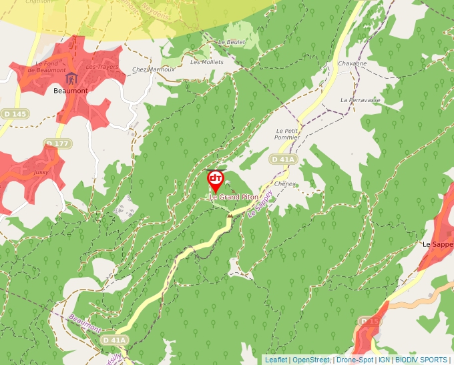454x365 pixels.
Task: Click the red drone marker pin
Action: (x=215, y=180)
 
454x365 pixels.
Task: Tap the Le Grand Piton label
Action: (x=234, y=197)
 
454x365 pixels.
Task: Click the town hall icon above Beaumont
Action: (x=71, y=79)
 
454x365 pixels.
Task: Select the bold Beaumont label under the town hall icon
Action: (x=71, y=91)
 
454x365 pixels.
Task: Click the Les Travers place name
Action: (x=102, y=67)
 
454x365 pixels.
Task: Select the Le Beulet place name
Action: (x=232, y=42)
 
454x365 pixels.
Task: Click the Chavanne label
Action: (x=353, y=63)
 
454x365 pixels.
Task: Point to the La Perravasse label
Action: (x=360, y=99)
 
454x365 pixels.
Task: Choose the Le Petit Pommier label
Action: (x=287, y=133)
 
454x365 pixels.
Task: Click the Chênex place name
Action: (x=284, y=184)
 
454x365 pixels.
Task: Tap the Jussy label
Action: (x=40, y=171)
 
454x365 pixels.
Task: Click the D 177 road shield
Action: (x=58, y=143)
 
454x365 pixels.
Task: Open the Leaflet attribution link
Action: (x=276, y=360)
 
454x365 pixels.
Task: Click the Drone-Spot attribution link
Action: (x=355, y=360)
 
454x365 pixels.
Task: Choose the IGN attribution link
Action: (x=384, y=360)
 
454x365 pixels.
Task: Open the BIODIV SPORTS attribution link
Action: (x=421, y=360)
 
